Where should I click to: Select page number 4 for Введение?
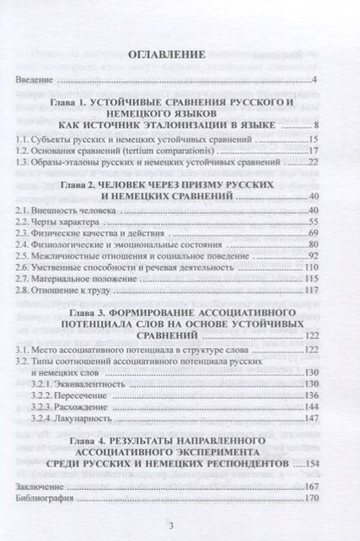(317, 81)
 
